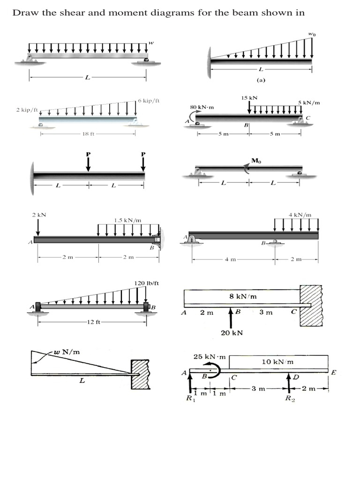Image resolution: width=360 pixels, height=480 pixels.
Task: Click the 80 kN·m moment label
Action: pos(202,107)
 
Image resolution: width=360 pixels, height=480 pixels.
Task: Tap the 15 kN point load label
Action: pos(249,97)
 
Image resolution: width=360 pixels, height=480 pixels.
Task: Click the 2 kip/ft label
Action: pos(26,110)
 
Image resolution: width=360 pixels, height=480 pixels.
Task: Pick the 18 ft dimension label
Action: pos(88,134)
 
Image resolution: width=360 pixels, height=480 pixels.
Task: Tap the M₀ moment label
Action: pos(256,161)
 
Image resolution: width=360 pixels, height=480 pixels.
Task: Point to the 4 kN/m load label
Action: pos(300,215)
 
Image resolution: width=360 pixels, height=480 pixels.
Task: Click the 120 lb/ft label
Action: pos(147,283)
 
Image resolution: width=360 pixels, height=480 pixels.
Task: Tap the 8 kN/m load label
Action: pos(242,297)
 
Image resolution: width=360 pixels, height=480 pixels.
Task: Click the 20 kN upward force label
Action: pos(231,333)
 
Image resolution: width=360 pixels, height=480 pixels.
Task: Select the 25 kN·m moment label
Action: pos(210,357)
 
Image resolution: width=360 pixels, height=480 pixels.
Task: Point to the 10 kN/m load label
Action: pos(277,362)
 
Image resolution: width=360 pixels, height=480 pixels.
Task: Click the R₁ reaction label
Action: pos(189,399)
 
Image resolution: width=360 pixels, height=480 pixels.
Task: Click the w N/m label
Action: pos(66,352)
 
